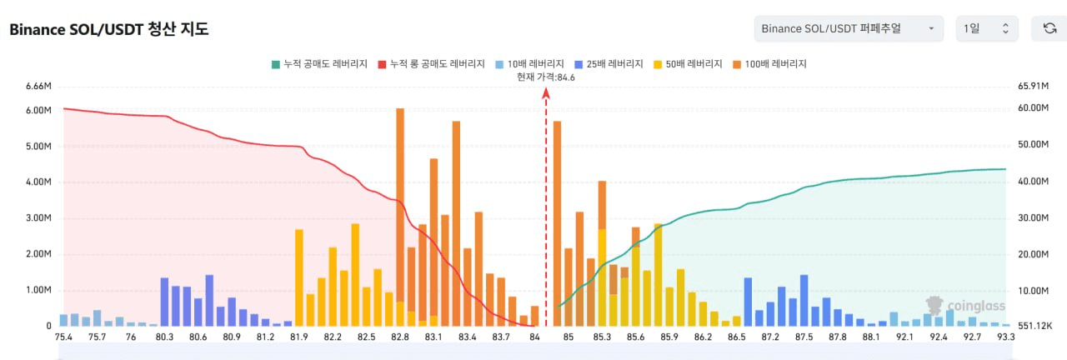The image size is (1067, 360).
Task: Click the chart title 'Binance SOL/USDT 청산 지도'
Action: (x=109, y=29)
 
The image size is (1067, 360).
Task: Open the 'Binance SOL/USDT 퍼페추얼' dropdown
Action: (x=849, y=28)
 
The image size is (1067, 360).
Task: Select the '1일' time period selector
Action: (x=986, y=28)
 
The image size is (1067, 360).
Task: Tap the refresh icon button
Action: (x=1049, y=28)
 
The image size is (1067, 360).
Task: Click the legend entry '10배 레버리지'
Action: (x=529, y=64)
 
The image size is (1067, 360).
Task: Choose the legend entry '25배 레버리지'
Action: (x=609, y=64)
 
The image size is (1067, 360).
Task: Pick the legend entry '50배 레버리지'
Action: (x=688, y=64)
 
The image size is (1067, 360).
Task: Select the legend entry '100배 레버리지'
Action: (x=769, y=64)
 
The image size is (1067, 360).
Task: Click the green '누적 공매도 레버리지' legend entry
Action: (x=319, y=64)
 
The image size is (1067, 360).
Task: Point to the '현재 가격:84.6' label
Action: (x=546, y=77)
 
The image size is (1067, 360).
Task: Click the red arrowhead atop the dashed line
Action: (x=546, y=93)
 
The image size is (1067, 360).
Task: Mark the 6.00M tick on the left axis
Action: (x=38, y=111)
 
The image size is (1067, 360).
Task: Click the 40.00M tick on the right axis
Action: (x=1033, y=182)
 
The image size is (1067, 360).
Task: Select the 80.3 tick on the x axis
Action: (x=164, y=337)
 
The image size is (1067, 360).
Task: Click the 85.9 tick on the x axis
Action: (x=669, y=337)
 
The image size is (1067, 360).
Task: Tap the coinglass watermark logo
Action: (x=965, y=306)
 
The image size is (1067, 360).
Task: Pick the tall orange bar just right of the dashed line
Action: (x=558, y=224)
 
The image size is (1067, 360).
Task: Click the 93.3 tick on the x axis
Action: (x=1005, y=337)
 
